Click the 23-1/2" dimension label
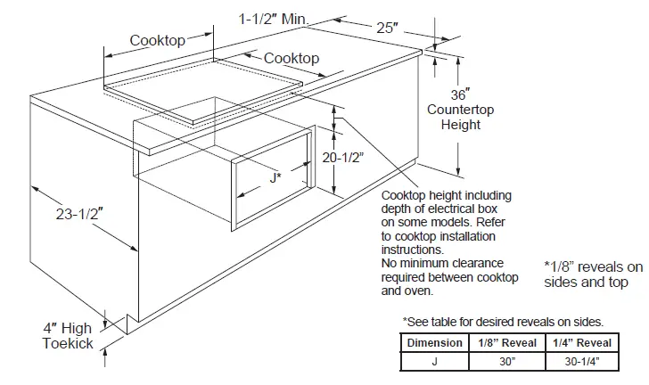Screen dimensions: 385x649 79,214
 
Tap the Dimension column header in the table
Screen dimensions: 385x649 435,342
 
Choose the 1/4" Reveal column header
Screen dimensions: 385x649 583,342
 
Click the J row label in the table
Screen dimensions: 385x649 434,361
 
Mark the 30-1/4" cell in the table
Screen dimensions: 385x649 583,361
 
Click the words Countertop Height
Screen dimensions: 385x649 460,118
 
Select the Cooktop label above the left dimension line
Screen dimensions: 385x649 157,40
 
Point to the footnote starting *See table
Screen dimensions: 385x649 503,321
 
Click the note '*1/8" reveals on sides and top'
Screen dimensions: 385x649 592,274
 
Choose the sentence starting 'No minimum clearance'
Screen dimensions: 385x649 442,264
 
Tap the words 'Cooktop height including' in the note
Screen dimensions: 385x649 446,195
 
